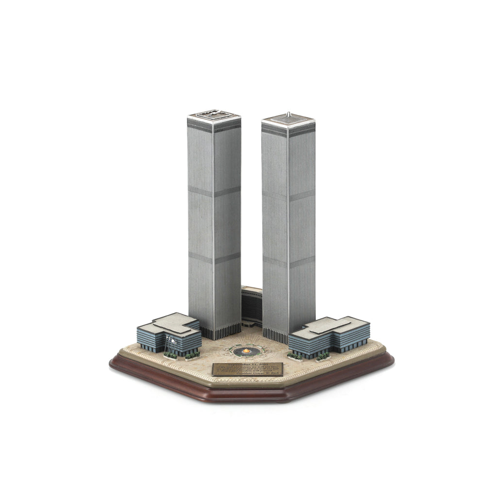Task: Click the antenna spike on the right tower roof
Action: pyautogui.click(x=288, y=114)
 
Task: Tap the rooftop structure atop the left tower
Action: pyautogui.click(x=214, y=115)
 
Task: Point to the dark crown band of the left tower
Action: pyautogui.click(x=214, y=125)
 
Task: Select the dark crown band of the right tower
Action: pyautogui.click(x=288, y=129)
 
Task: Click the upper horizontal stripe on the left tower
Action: pyautogui.click(x=214, y=192)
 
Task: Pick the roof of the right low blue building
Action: pyautogui.click(x=330, y=327)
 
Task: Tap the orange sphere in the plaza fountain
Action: pyautogui.click(x=244, y=350)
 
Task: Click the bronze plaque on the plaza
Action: pyautogui.click(x=247, y=368)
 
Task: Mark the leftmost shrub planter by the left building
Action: pyautogui.click(x=169, y=356)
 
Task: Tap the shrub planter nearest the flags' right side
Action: pyautogui.click(x=192, y=356)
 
